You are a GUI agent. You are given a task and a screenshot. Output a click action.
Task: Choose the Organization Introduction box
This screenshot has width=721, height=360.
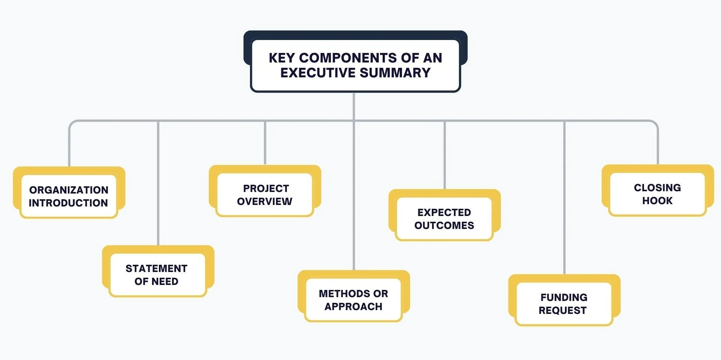tap(69, 196)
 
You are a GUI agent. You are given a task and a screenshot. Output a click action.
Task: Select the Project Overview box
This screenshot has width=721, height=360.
tap(265, 194)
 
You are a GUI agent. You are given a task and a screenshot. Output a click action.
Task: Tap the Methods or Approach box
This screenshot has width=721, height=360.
tap(354, 300)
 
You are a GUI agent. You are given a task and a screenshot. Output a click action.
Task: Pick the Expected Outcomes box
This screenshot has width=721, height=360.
tap(444, 219)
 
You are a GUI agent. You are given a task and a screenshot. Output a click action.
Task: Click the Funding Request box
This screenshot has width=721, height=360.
tap(564, 304)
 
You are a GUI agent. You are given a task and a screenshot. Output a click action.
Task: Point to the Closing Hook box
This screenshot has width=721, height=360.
tap(657, 194)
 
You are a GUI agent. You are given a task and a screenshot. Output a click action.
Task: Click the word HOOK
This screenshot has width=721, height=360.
tap(657, 201)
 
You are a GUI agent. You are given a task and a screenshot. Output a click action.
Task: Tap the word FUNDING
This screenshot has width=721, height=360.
tap(564, 298)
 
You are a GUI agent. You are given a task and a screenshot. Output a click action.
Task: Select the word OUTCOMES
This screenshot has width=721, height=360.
tap(444, 226)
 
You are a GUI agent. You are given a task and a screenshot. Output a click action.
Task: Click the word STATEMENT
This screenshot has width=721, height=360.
tap(156, 269)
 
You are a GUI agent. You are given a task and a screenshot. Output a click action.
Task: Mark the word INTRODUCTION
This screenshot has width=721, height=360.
tap(69, 203)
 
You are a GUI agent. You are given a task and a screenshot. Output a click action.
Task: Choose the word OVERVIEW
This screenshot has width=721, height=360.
tap(265, 202)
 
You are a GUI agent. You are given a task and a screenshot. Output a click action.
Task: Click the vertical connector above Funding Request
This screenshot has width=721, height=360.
tap(564, 198)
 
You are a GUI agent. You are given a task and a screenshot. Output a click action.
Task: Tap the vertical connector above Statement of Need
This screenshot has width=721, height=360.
tap(158, 183)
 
